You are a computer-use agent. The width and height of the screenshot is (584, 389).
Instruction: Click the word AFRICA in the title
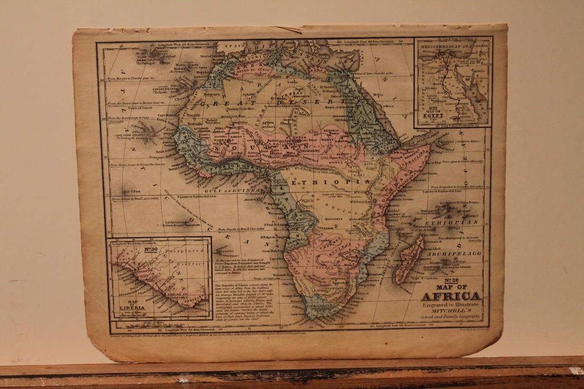[451, 297]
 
